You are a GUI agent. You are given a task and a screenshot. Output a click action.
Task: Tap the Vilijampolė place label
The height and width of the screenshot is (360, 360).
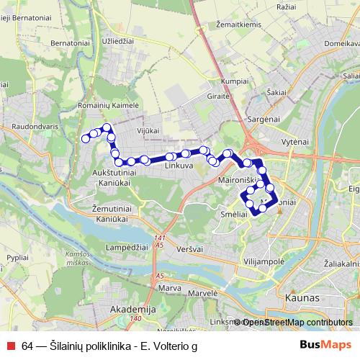click(265, 263)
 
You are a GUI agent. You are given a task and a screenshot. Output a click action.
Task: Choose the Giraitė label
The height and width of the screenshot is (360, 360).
click(218, 95)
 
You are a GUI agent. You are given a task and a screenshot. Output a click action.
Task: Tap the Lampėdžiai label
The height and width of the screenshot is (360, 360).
click(127, 247)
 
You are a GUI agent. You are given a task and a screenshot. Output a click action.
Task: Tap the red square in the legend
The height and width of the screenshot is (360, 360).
click(11, 346)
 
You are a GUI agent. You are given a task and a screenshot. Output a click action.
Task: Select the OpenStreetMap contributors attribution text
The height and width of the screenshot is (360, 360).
click(297, 322)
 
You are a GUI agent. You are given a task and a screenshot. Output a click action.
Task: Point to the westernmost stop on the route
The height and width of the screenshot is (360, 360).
click(85, 138)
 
